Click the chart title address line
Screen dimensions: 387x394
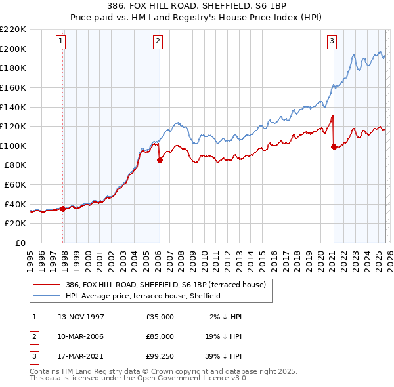[196, 6]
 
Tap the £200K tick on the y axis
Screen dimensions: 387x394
[14, 49]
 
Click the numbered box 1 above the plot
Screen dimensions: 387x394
[60, 41]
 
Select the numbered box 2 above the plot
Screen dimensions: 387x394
[158, 41]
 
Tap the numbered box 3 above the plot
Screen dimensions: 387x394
[332, 41]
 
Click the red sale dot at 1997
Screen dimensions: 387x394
[63, 209]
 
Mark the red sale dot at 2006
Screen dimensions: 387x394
[160, 160]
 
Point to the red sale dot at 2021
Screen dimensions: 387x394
[334, 146]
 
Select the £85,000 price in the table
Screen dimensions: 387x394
[160, 336]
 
